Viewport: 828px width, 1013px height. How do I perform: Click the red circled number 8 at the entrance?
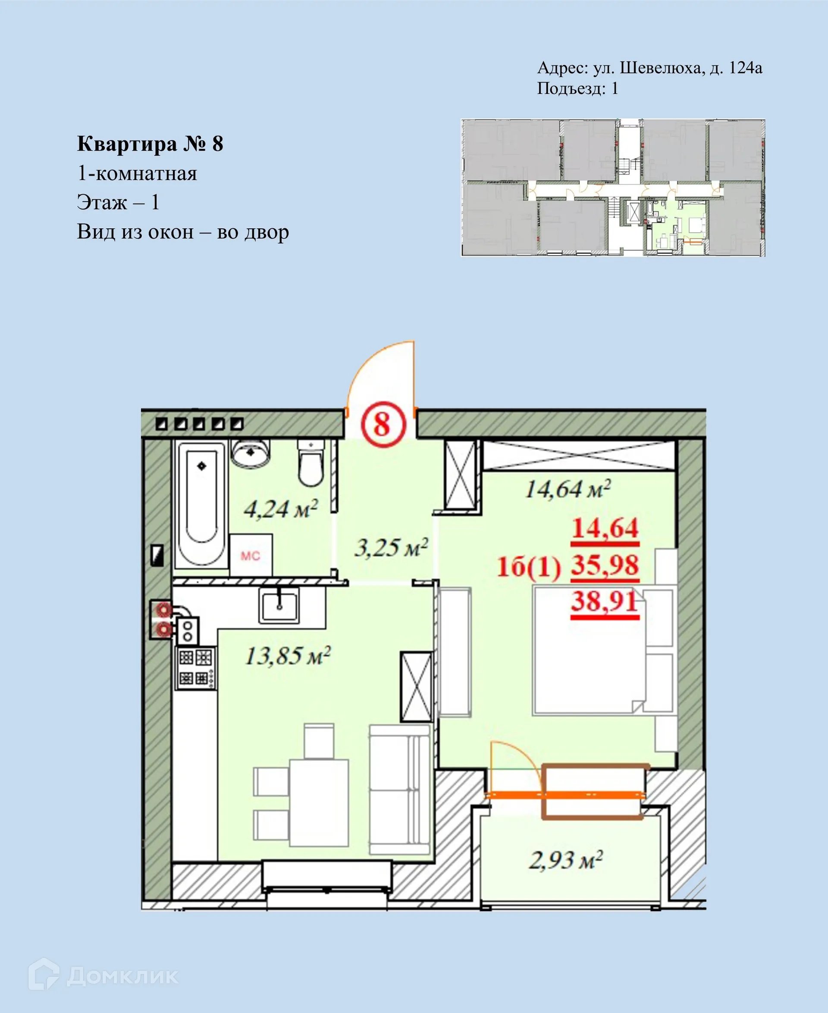coord(382,424)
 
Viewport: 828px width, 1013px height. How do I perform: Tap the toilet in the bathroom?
coord(310,464)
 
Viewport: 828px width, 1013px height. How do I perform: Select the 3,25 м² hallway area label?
coord(391,548)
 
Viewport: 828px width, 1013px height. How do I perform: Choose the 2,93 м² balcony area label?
coord(565,860)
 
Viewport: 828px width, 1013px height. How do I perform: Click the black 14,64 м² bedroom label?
coord(568,489)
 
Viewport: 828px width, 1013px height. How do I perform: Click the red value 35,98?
coord(605,565)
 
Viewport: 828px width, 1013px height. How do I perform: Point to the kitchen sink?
coord(279,605)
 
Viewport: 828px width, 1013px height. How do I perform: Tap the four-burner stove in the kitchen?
coord(195,668)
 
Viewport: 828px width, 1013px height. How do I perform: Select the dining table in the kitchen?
coord(319,803)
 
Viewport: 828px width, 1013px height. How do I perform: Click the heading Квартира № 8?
coord(150,144)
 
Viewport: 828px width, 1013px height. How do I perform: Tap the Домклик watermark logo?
coord(103,976)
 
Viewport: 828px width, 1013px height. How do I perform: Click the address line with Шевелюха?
coord(649,68)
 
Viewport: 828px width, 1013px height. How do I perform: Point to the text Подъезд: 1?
coord(577,88)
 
